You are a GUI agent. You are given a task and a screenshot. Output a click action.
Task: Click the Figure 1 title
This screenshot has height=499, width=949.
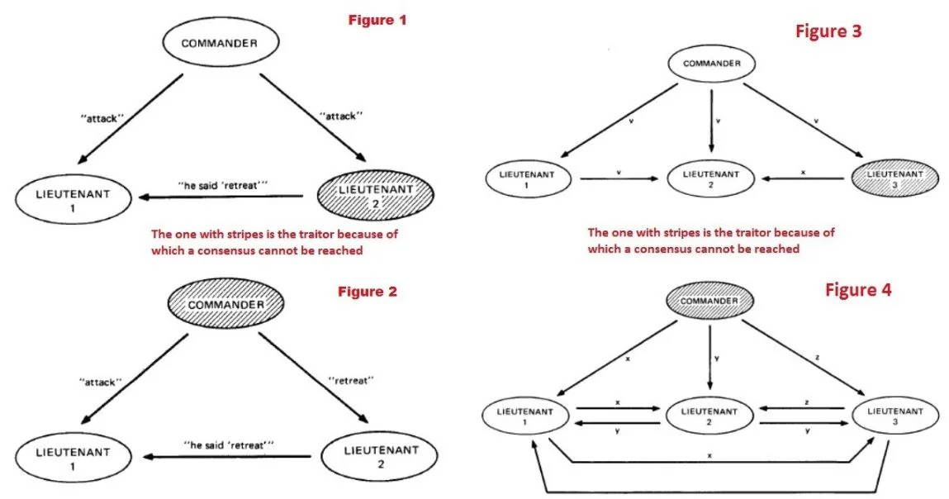click(377, 20)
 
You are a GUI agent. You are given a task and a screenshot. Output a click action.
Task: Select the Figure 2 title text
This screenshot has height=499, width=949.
click(368, 292)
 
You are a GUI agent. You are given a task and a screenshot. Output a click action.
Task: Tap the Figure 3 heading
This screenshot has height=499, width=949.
click(828, 31)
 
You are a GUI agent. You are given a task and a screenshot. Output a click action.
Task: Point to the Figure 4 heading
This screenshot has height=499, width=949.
click(858, 290)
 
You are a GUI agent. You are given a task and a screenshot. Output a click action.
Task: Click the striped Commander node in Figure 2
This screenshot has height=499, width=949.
click(225, 304)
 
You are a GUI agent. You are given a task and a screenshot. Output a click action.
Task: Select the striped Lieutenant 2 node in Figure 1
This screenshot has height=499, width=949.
click(376, 196)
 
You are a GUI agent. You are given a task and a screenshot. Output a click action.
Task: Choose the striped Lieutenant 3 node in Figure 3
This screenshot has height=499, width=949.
click(894, 178)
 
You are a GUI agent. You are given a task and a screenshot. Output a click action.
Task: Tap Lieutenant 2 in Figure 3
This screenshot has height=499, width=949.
click(710, 178)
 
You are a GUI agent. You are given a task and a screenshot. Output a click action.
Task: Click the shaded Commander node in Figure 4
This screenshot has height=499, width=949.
click(709, 301)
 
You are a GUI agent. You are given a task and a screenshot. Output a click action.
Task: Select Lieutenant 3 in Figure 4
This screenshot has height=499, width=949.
click(895, 416)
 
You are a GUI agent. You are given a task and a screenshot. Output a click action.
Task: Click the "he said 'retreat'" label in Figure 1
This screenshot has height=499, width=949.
click(223, 185)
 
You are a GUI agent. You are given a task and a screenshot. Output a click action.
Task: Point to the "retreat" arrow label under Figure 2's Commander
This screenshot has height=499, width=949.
click(351, 381)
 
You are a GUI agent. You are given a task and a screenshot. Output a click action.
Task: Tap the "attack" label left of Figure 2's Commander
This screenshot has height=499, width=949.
click(101, 383)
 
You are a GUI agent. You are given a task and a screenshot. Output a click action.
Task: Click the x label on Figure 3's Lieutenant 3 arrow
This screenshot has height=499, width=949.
click(803, 173)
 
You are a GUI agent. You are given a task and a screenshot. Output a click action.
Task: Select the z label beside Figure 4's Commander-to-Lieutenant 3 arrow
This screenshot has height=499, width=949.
click(817, 358)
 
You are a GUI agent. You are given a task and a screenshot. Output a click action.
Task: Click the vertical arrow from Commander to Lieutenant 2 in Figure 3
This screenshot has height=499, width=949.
click(711, 121)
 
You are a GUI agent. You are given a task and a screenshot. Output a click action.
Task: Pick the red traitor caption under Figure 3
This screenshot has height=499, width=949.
click(711, 240)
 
